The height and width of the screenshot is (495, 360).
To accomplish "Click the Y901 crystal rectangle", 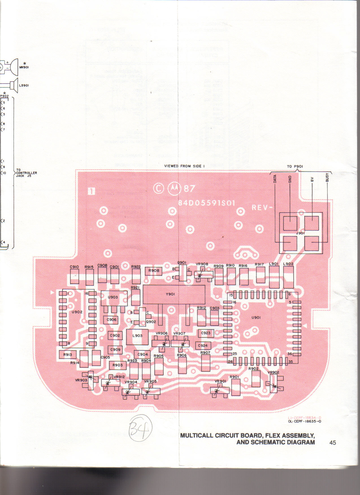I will point(174,294).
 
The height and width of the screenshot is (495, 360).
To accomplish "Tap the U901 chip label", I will point(256,318).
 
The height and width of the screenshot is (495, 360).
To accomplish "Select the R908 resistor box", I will point(154,271).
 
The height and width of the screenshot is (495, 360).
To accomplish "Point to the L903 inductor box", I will point(137,336).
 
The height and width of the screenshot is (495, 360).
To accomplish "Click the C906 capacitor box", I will point(112,320).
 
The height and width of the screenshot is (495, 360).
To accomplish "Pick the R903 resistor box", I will point(118,365).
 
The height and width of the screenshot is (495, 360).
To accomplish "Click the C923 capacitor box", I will point(206,333).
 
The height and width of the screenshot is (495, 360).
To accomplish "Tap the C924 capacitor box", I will point(203,346).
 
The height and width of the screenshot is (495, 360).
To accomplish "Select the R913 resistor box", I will point(68,355).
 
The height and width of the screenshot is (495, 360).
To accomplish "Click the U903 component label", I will point(113,297).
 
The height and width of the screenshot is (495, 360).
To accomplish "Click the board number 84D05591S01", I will point(207,203).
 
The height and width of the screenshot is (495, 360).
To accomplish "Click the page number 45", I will point(333,443).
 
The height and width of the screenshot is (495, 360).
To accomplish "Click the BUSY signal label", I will point(327,178).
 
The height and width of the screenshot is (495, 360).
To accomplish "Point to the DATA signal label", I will point(275,179).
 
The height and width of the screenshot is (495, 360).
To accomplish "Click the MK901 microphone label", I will point(24,67).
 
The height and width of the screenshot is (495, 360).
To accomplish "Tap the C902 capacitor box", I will point(115,336).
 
